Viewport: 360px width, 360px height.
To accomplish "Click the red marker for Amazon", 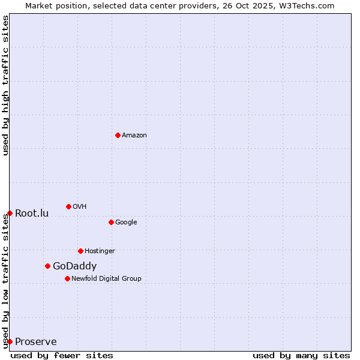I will pos(118,135).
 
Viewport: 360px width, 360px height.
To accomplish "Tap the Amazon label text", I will pos(134,136).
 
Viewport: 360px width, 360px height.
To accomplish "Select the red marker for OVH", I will pos(68,206).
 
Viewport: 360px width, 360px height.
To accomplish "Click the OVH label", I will pos(80,207).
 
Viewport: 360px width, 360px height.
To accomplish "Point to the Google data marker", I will pos(111,222).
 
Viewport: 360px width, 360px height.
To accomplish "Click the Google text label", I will pos(126,223).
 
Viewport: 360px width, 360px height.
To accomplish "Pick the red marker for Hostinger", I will pos(80,251).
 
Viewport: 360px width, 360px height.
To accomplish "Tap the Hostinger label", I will pos(100,251).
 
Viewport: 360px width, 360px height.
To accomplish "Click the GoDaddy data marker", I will pos(47,266).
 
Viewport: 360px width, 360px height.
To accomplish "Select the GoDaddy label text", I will pos(74,266).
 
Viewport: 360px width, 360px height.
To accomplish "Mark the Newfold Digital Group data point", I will pos(67,278).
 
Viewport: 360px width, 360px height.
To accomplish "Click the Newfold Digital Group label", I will pos(106,278).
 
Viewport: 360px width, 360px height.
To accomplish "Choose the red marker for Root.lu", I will pos(10,213).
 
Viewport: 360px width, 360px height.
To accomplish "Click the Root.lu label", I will pos(32,214).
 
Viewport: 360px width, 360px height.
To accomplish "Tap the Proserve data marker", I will pos(10,341).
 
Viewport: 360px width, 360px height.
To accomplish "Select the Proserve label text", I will pos(36,342).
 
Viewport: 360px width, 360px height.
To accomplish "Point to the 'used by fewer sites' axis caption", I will pos(62,355).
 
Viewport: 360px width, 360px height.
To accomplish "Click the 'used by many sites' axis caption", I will pos(301,355).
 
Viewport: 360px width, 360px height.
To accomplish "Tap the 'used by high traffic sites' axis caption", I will pos(5,85).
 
